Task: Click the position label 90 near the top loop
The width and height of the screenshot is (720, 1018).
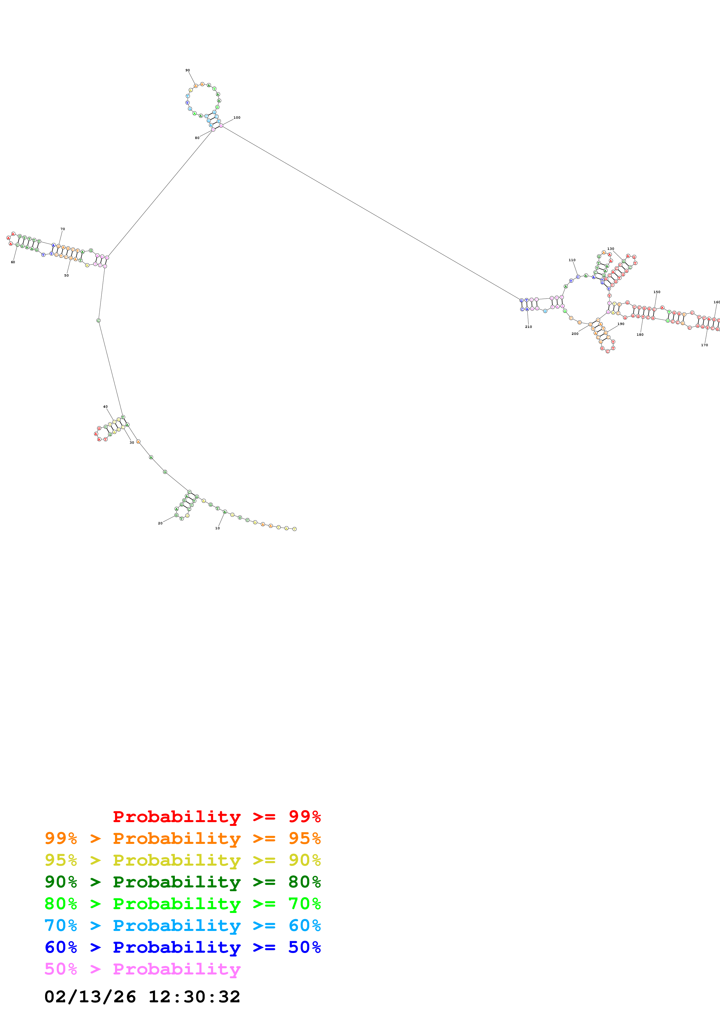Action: [x=188, y=70]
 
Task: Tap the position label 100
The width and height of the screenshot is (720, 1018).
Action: [x=237, y=118]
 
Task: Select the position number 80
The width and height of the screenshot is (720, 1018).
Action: [x=197, y=138]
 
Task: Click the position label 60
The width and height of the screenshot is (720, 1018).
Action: [x=13, y=262]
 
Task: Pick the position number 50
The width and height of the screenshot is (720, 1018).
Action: [x=67, y=275]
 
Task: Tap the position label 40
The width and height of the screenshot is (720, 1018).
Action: [x=105, y=407]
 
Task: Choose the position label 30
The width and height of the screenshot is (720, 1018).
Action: [x=132, y=443]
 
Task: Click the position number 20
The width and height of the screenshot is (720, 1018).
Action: [x=160, y=523]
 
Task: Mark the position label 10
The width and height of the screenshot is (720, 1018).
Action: [x=217, y=528]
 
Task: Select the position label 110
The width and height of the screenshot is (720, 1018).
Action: [x=572, y=260]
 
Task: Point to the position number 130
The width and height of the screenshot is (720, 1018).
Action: [x=611, y=249]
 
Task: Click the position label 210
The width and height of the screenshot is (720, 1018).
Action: [x=528, y=327]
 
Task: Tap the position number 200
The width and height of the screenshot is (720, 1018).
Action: [x=575, y=333]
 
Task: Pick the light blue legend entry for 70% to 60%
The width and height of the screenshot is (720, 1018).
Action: [x=182, y=925]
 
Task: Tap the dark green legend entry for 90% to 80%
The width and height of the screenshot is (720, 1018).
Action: [x=182, y=882]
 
